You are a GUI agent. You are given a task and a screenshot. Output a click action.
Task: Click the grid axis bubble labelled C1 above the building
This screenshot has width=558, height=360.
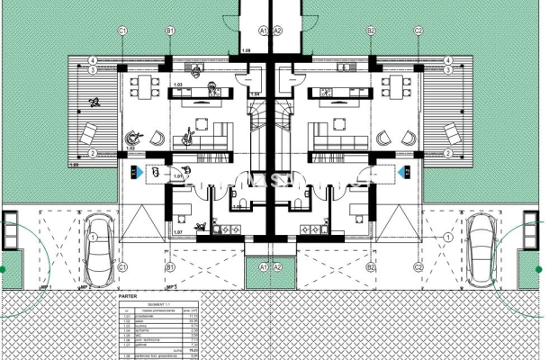(x=121, y=30)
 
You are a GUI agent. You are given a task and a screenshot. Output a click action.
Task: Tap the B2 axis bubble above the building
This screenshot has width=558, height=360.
(x=371, y=30)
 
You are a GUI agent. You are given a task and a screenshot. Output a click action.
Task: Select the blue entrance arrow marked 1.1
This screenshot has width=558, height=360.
(x=134, y=170)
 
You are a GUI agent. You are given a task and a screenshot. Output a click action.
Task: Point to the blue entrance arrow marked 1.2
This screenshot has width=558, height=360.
(x=405, y=170)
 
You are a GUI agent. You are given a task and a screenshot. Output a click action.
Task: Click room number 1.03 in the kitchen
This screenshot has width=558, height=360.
(x=178, y=85)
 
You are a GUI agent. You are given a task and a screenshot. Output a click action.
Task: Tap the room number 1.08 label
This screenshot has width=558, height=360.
(x=246, y=52)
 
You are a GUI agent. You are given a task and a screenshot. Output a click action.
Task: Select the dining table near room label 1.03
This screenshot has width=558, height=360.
(x=143, y=88)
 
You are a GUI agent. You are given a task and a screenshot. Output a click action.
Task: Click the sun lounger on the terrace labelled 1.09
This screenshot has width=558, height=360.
(x=91, y=135)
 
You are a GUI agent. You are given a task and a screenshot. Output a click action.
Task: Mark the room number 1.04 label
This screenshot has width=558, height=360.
(x=255, y=93)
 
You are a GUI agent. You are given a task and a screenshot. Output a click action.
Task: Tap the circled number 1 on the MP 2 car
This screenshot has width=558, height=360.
(x=94, y=237)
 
